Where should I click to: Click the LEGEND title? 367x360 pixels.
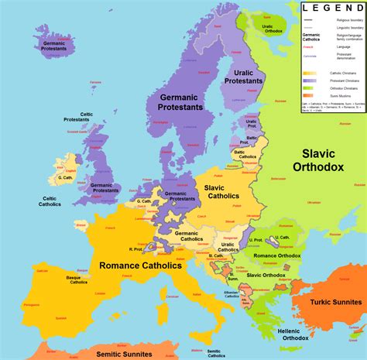pos(333,8)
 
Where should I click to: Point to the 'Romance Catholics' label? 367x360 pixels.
pos(140,266)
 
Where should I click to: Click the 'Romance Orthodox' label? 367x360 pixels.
pos(276,255)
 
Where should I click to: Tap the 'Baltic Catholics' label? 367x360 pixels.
pos(248,153)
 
